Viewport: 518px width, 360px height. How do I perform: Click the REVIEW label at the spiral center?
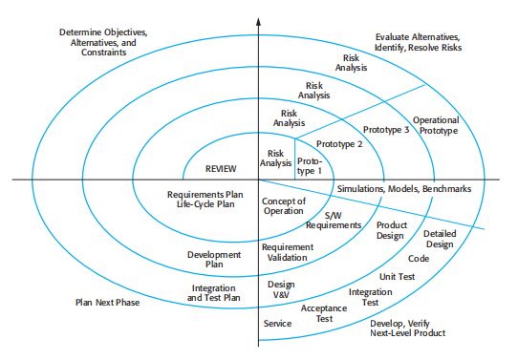[221, 169]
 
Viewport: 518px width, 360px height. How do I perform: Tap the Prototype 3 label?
[387, 129]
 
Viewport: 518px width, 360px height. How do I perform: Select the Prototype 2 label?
[339, 144]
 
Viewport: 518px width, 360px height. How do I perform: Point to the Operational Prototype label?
[436, 125]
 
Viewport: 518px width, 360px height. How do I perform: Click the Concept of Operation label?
[284, 205]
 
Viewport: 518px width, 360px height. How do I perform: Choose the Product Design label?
[392, 230]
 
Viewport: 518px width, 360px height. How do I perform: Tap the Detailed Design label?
[440, 239]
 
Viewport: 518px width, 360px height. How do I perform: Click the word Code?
[419, 258]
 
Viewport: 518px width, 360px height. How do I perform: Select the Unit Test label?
[395, 276]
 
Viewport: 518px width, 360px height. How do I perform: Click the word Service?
[277, 324]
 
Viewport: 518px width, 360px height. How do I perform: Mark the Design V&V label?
[281, 289]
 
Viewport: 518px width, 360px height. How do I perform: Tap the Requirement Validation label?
[288, 251]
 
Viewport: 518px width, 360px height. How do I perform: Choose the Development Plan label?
[213, 261]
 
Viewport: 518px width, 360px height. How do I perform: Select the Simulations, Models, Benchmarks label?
[404, 189]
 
